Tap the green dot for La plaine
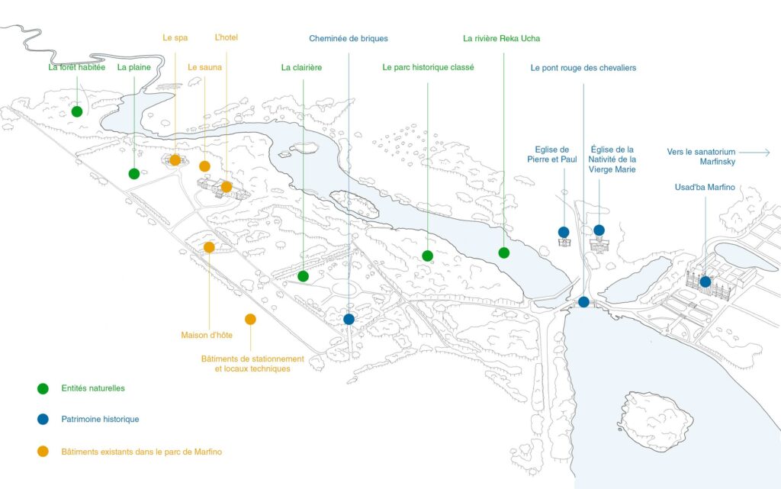[x=134, y=174]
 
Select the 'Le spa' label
[x=175, y=37]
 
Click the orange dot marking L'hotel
[x=227, y=186]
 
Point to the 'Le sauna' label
[x=204, y=67]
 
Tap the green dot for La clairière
[x=303, y=276]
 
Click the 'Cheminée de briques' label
[x=349, y=38]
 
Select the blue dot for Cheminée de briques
[x=349, y=320]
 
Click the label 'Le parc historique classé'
[x=428, y=67]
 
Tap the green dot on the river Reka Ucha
[x=503, y=253]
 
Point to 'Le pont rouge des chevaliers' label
[x=583, y=68]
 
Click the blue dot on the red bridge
[x=583, y=302]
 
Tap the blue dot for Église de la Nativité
[x=599, y=230]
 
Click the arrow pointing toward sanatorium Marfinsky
[x=760, y=153]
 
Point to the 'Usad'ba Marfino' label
[x=705, y=188]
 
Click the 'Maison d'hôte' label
[x=207, y=335]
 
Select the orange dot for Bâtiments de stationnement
[x=250, y=320]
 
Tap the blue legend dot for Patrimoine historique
[x=43, y=419]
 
